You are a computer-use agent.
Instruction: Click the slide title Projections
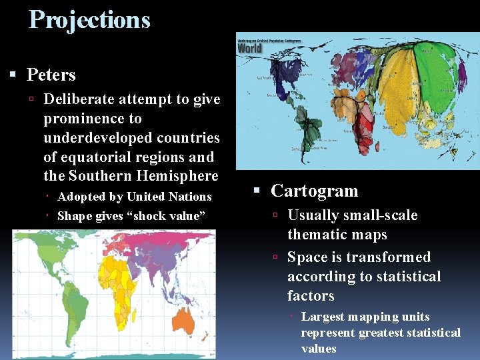pos(89,20)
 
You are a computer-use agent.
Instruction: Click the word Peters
pos(51,75)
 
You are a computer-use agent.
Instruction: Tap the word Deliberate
pos(79,99)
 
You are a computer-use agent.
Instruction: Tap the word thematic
pos(314,235)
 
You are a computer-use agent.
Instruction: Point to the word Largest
pos(322,317)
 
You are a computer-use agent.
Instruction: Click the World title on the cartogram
pos(250,48)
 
